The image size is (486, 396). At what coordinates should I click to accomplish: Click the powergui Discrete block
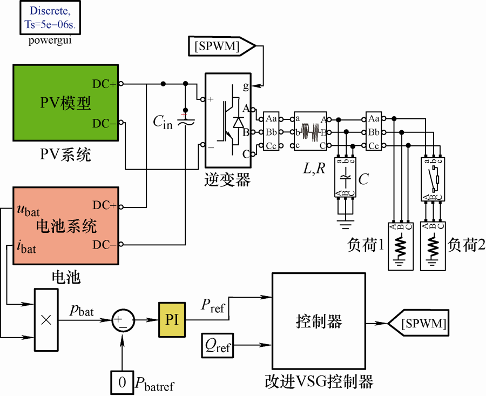coord(50,17)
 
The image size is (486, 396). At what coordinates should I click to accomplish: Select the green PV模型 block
coord(66,103)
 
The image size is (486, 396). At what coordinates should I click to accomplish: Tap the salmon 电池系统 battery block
coord(66,226)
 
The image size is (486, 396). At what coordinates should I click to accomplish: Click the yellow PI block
coord(172,320)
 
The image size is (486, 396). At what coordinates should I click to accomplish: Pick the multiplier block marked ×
coord(46,320)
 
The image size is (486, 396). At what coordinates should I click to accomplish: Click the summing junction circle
coord(123,320)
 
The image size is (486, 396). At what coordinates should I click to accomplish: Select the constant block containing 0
coord(122,382)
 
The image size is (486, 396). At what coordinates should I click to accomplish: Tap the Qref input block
coord(217,345)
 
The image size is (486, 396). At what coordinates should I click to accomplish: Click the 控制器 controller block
coord(319,321)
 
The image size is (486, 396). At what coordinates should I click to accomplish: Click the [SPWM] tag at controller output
coord(418,323)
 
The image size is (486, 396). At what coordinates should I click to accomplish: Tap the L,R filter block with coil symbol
coord(310,131)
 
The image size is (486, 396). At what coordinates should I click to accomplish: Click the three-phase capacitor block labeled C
coord(345,177)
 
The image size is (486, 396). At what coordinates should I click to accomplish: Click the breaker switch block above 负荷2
coord(433,179)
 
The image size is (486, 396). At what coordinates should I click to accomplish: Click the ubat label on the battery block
coord(29,210)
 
